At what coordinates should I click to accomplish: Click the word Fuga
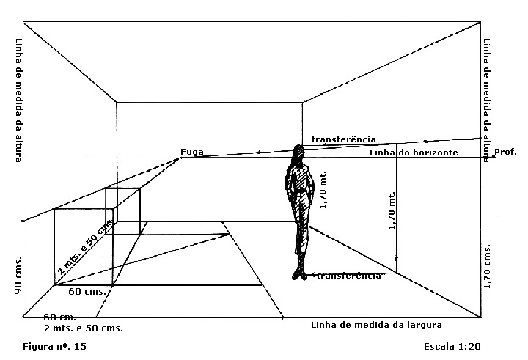point(191,153)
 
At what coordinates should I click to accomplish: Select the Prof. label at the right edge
point(506,153)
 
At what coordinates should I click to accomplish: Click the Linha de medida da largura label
point(376,324)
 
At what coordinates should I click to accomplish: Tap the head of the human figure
point(298,154)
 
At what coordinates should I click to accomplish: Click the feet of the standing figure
point(299,275)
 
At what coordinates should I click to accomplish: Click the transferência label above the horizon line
point(343,139)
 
